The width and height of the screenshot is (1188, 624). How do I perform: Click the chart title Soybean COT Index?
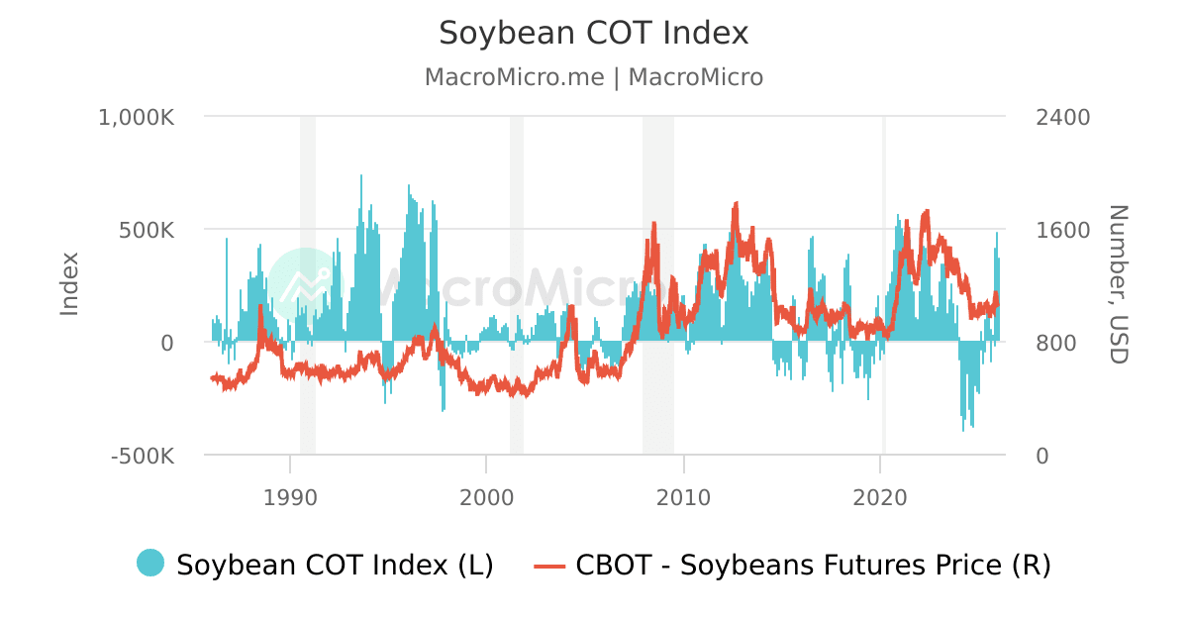(594, 33)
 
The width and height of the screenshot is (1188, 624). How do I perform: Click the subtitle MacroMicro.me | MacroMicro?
(594, 77)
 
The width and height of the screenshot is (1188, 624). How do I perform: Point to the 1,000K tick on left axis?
(136, 117)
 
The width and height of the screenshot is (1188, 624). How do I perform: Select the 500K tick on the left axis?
(148, 230)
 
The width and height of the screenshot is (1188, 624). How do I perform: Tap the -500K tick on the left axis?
(144, 456)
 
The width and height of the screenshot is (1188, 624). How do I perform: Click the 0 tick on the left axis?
(167, 343)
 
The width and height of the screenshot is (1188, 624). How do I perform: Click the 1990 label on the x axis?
(289, 497)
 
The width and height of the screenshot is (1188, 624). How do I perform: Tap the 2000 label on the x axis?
(486, 497)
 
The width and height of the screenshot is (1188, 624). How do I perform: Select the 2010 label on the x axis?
(683, 497)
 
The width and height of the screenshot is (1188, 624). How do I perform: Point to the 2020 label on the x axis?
(880, 497)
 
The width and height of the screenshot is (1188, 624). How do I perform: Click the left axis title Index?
(69, 284)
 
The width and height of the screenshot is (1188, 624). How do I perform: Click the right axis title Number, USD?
(1118, 284)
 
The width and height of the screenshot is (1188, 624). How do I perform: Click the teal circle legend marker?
(150, 563)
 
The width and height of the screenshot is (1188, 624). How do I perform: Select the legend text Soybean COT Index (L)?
(335, 565)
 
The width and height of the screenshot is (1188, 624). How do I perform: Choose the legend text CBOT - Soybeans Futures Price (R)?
(813, 565)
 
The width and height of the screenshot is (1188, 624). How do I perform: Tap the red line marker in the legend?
(549, 566)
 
